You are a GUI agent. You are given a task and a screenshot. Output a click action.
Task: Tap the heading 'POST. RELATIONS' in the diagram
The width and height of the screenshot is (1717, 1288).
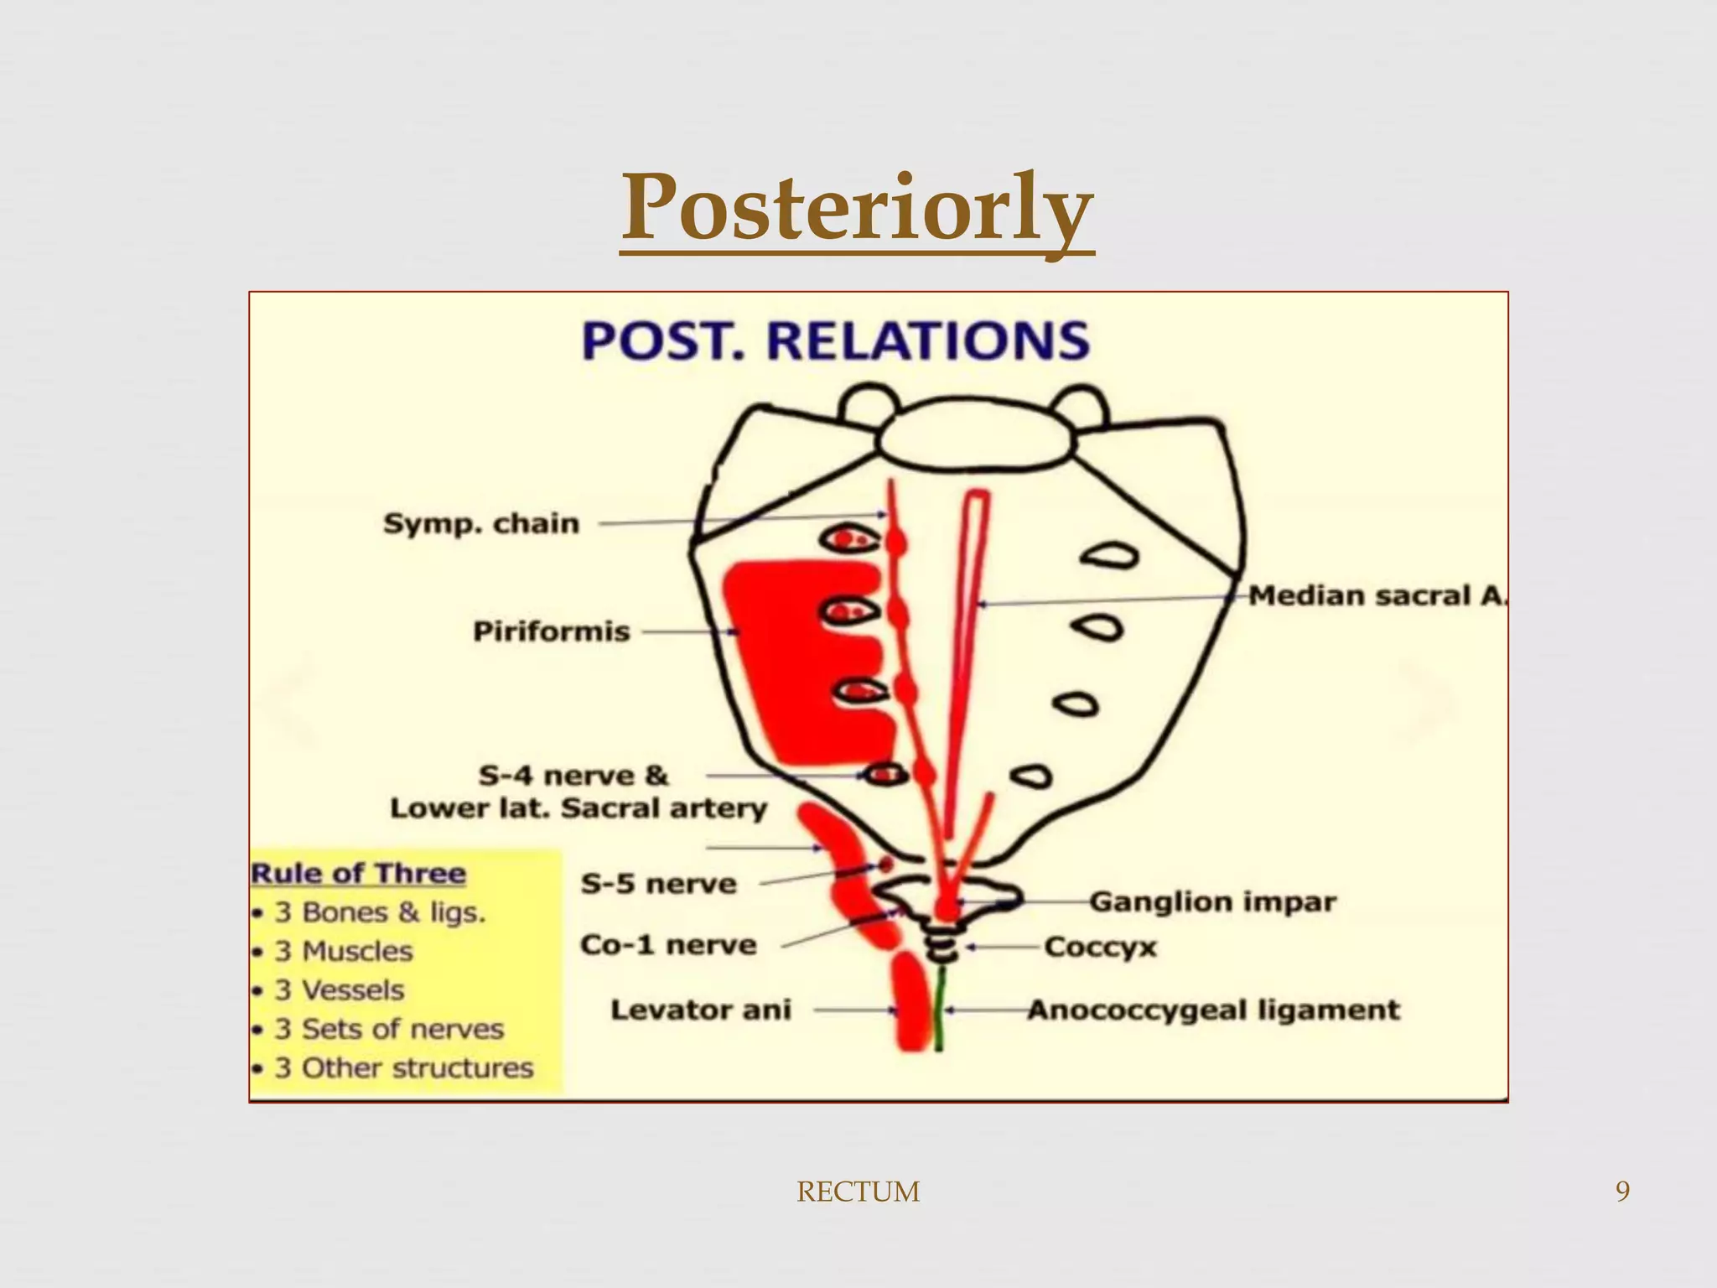point(835,341)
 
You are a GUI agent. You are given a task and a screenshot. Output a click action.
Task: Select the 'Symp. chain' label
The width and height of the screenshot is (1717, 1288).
point(481,523)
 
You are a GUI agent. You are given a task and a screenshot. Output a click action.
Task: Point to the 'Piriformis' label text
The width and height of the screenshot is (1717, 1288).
point(551,631)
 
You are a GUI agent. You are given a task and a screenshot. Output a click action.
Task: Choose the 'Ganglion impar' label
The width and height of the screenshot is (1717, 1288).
point(1212,901)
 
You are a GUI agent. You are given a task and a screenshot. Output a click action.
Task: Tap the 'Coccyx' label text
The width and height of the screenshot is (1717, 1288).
point(1100,947)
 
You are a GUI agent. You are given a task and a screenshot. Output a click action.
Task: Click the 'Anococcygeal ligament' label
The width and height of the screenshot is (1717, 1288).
point(1213,1010)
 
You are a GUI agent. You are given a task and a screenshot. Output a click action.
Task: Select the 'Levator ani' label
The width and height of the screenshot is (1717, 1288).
point(701,1010)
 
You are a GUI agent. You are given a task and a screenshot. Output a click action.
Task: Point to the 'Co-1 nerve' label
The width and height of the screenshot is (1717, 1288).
point(668,945)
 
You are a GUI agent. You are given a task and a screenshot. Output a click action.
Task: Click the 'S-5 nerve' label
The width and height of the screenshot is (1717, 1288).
point(659,883)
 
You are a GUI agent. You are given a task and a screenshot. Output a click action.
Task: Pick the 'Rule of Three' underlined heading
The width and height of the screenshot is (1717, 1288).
point(358,873)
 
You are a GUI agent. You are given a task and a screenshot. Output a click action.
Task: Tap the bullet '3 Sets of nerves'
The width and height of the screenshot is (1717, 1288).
point(389,1029)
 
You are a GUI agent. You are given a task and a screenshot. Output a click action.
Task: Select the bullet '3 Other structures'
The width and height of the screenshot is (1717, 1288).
point(404,1067)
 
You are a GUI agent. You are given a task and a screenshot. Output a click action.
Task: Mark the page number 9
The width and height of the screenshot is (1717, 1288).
point(1622,1192)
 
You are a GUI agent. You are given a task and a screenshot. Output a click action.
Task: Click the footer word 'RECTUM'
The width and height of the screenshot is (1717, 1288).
point(858,1192)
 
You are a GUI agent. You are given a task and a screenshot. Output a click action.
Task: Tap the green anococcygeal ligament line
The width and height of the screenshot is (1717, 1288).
point(940,1006)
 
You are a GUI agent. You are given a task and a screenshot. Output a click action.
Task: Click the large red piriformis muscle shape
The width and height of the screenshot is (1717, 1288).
point(788,654)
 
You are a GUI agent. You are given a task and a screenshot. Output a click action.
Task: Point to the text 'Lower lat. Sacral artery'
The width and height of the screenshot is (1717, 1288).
point(578,808)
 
